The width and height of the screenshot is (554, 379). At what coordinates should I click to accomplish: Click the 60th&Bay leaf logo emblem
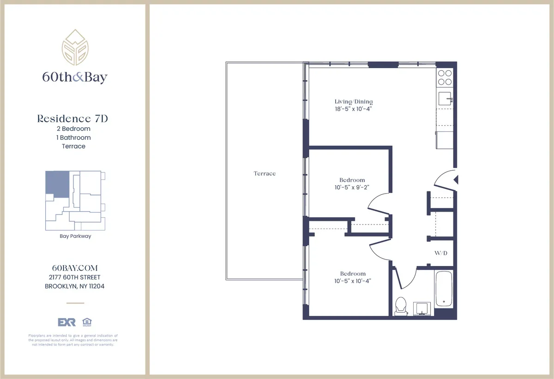click(74, 47)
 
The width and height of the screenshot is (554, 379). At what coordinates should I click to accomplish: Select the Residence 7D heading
click(73, 118)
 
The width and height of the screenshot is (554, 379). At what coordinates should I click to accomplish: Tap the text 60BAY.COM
click(73, 268)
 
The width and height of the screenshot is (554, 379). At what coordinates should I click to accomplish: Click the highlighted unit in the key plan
click(57, 184)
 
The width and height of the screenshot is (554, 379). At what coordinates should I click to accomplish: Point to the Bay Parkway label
click(75, 236)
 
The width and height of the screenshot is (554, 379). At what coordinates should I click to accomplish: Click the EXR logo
click(66, 322)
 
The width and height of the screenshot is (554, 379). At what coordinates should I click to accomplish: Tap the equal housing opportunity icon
click(85, 322)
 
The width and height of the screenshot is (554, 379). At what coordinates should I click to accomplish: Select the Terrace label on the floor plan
click(265, 173)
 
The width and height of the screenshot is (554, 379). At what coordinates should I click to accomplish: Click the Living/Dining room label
click(354, 101)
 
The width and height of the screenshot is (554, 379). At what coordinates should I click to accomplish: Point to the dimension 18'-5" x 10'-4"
click(354, 109)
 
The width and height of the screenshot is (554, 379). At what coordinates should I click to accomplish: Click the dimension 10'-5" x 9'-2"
click(352, 187)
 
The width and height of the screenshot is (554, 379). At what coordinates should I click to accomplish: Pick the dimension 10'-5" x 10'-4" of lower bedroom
click(353, 281)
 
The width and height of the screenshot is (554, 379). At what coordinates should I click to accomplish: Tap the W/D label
click(440, 254)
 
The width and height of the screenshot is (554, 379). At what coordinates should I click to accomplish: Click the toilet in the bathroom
click(401, 306)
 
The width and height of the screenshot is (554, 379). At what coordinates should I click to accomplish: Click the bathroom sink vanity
click(422, 308)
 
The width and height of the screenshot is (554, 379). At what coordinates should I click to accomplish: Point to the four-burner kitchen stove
click(445, 77)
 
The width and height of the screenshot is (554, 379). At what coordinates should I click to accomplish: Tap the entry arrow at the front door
click(456, 180)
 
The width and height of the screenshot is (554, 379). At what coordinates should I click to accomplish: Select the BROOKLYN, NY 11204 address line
click(74, 286)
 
